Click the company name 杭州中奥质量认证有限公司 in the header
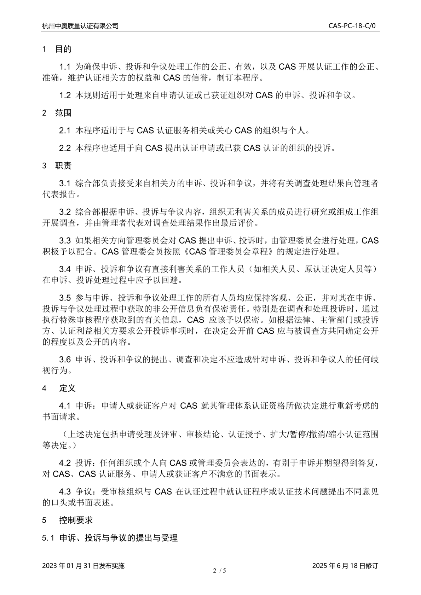pyautogui.click(x=80, y=26)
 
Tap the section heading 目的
pyautogui.click(x=63, y=49)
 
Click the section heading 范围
pyautogui.click(x=63, y=113)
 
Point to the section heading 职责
pyautogui.click(x=63, y=165)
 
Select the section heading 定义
pyautogui.click(x=67, y=388)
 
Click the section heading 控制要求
pyautogui.click(x=76, y=520)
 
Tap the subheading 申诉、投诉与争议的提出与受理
pyautogui.click(x=119, y=538)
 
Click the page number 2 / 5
pyautogui.click(x=219, y=571)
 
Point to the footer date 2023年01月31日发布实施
pyautogui.click(x=83, y=566)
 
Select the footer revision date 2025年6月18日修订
pyautogui.click(x=345, y=566)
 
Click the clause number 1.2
pyautogui.click(x=65, y=95)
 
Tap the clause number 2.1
pyautogui.click(x=65, y=130)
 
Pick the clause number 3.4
pyautogui.click(x=65, y=269)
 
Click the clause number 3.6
pyautogui.click(x=65, y=360)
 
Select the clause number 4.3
pyautogui.click(x=65, y=491)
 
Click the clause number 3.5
pyautogui.click(x=65, y=298)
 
